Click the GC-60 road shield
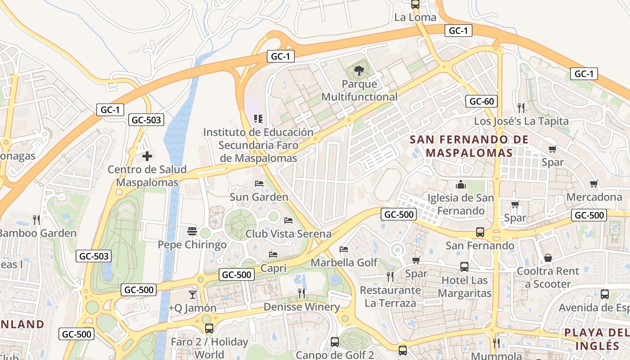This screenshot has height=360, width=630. coord(481,101)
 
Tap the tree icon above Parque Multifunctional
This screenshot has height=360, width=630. coord(359,70)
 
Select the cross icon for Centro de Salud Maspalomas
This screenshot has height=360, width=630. coord(147,156)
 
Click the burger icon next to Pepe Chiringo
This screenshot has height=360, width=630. coord(192,231)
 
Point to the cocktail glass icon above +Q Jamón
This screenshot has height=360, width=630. coord(193,294)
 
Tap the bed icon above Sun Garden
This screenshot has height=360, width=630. coord(259,184)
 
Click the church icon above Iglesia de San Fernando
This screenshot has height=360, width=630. coord(460,184)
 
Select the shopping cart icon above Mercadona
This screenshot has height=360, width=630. coord(594,184)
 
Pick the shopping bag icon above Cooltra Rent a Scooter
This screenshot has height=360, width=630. coord(548,258)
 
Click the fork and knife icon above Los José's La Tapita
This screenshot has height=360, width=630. coord(521,108)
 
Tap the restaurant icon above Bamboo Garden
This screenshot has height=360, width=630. coord(36,220)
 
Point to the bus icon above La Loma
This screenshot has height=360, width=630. coord(415,4)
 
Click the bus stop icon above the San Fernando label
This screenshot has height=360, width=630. coord(480,232)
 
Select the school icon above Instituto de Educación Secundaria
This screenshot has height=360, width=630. coord(258,119)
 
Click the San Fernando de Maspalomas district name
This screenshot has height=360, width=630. coord(469,146)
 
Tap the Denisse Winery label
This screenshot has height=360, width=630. coord(301,307)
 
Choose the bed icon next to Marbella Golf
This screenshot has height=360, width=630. coord(344,249)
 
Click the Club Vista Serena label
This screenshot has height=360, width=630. coord(288,234)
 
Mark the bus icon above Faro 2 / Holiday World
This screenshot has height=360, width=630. coord(209,328)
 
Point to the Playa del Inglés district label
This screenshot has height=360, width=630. coord(597,339)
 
